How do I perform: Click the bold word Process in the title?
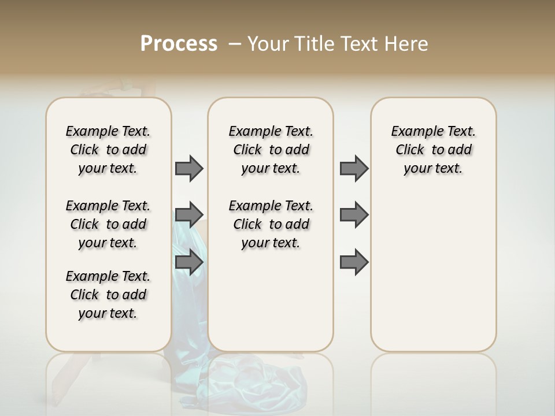(x=179, y=43)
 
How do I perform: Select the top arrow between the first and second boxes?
(x=190, y=168)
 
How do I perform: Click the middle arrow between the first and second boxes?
(x=190, y=215)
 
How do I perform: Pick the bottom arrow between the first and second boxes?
(x=190, y=262)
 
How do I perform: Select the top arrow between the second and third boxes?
(x=354, y=168)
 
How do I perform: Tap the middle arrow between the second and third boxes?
(x=354, y=215)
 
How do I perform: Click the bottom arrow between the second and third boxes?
(x=354, y=262)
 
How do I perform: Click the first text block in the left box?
(x=108, y=150)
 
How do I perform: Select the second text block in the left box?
(x=108, y=224)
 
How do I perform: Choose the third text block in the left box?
(x=108, y=295)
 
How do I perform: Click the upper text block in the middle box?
(x=271, y=150)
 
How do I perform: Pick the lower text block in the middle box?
(x=271, y=224)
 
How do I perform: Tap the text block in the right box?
(x=433, y=150)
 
